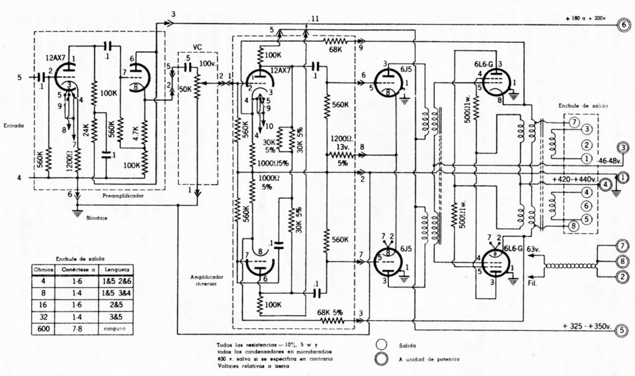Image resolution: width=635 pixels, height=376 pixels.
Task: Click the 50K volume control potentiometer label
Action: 185,89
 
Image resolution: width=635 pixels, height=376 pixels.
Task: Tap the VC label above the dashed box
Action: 197,47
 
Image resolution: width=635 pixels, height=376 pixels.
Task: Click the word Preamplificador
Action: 123,196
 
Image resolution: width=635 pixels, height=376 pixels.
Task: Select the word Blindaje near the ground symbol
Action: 97,218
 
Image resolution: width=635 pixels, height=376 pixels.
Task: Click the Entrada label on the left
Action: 13,126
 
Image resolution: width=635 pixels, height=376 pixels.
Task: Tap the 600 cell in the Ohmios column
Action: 43,329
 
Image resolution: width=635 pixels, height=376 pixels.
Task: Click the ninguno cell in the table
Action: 114,329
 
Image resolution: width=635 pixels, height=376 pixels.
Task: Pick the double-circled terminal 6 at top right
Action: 624,25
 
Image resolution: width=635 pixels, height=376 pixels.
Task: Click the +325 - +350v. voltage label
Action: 587,326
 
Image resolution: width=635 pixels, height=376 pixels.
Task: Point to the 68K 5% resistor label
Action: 330,313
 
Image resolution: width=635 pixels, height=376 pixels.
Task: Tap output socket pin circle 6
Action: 586,206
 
